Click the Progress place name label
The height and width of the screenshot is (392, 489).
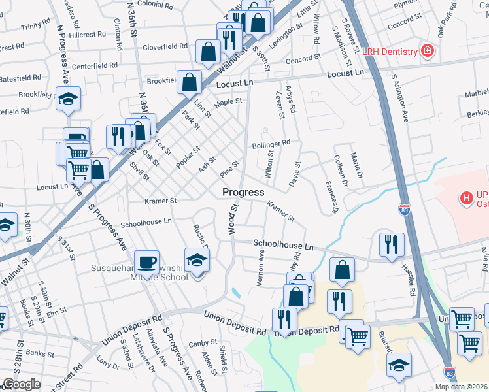point(243,192)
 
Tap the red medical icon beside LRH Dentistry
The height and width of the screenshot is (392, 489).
point(428,52)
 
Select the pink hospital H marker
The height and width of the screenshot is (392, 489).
point(466,197)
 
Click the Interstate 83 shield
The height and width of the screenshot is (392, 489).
point(405,210)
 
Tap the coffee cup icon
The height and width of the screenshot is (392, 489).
point(147,263)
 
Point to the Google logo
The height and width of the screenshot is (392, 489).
point(22,384)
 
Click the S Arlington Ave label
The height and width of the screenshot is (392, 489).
point(400,98)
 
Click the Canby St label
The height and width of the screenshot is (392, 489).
point(203,343)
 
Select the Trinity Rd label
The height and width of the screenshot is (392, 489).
point(31,27)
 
